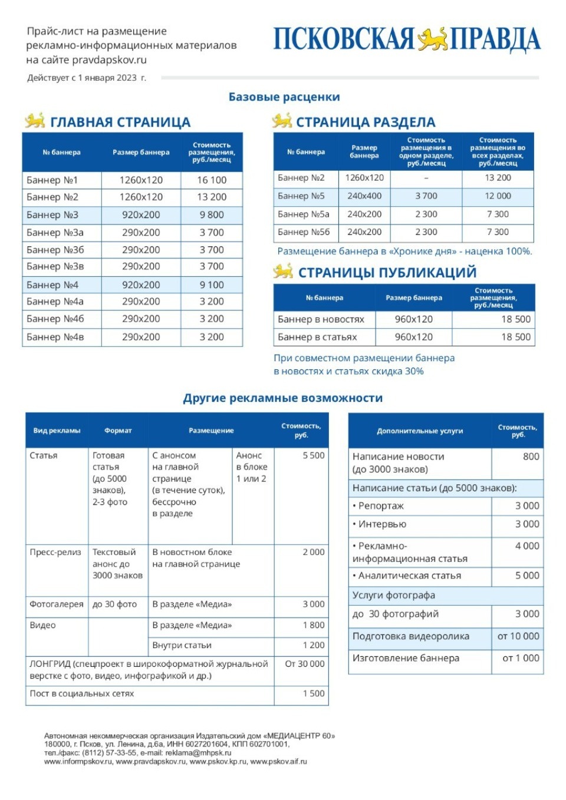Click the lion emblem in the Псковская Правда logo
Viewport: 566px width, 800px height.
(432, 39)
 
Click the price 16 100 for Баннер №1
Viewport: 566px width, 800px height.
(212, 180)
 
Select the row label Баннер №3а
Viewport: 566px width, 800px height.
(55, 233)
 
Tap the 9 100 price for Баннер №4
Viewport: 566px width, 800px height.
(212, 285)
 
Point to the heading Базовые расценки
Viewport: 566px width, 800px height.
(284, 97)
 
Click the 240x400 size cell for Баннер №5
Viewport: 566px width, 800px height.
(364, 196)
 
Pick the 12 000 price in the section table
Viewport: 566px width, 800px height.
(498, 196)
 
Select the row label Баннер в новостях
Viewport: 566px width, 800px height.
(321, 319)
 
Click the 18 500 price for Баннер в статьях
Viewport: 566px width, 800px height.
(515, 337)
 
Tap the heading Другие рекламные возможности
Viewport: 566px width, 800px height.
(283, 398)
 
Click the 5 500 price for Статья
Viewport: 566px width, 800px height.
(313, 456)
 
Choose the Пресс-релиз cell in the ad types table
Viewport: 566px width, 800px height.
(55, 553)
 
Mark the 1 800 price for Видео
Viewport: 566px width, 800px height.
(313, 626)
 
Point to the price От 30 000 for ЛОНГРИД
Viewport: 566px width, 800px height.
(304, 664)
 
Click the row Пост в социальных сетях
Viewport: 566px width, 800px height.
(82, 694)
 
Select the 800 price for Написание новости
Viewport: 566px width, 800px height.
(531, 457)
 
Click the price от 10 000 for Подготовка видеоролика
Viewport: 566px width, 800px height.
(518, 636)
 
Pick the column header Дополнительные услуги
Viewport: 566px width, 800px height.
(420, 431)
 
